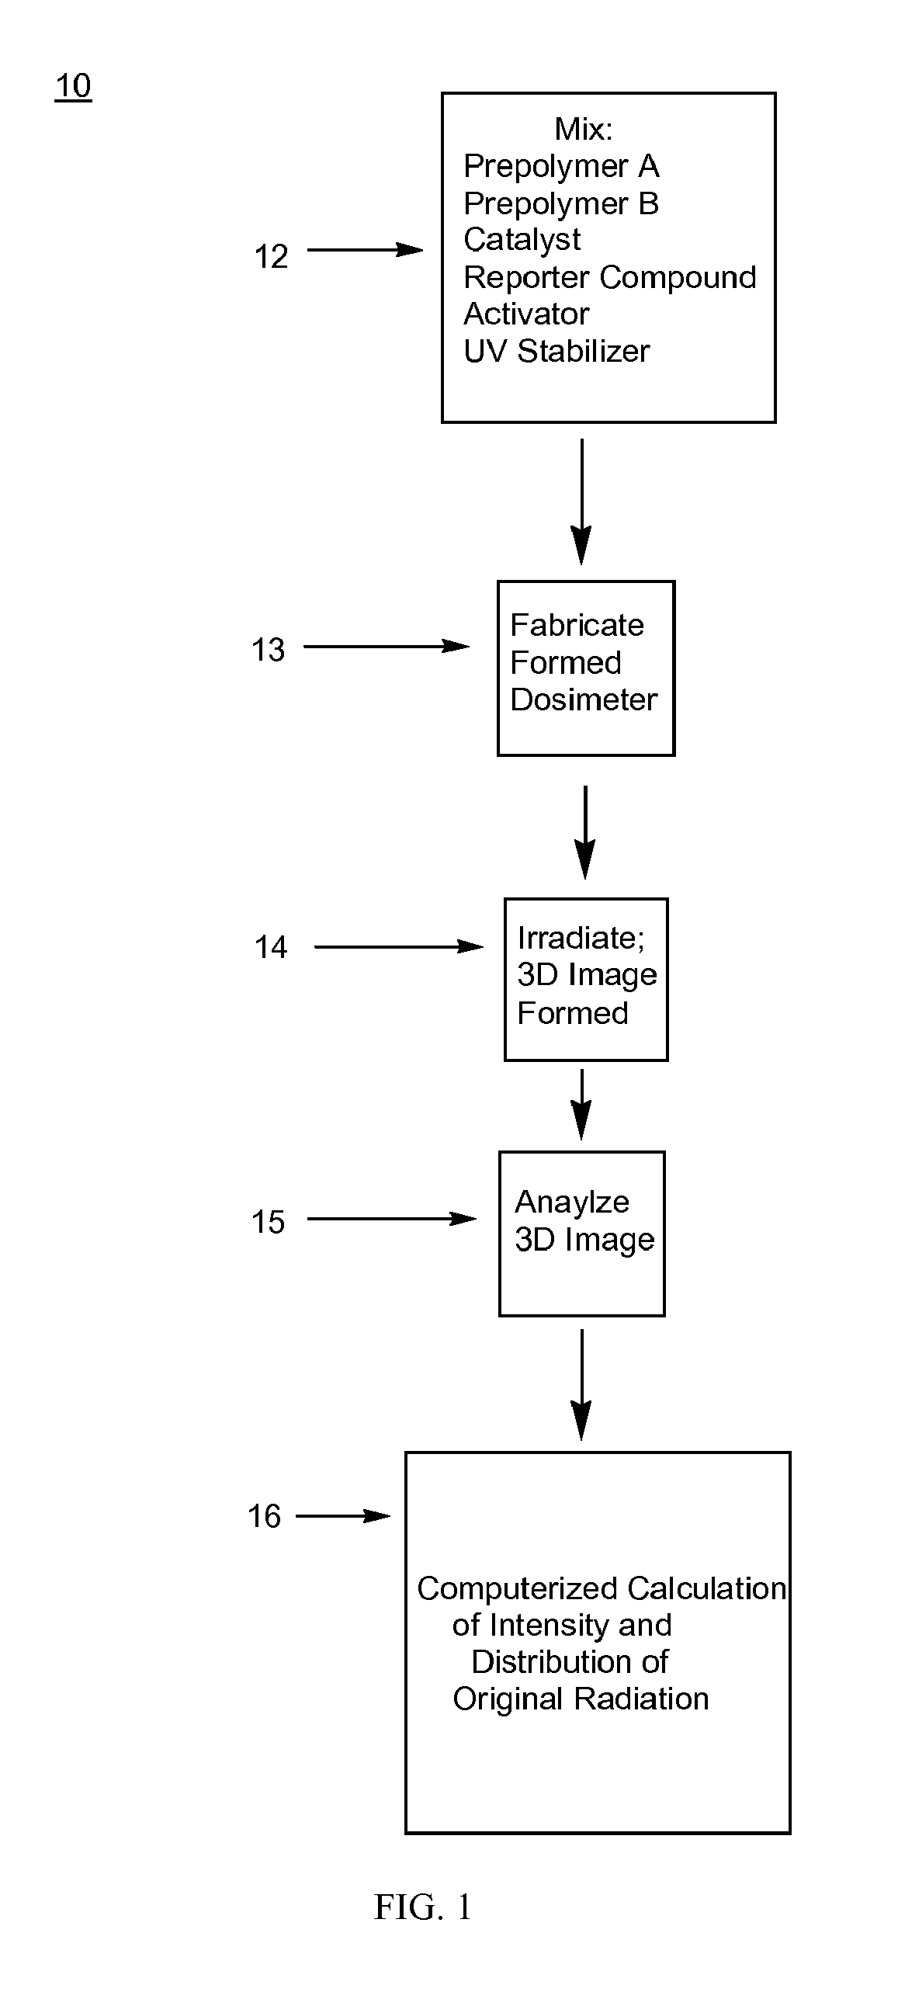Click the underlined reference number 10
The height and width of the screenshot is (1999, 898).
click(x=73, y=85)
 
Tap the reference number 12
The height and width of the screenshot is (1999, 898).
click(x=271, y=257)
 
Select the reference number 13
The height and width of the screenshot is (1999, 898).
click(x=268, y=650)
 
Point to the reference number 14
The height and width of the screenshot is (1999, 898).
click(x=271, y=947)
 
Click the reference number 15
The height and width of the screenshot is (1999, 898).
click(x=268, y=1222)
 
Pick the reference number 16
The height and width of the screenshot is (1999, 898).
click(x=265, y=1516)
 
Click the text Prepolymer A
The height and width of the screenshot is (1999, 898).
click(x=561, y=166)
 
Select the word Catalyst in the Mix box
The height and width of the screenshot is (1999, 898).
click(x=522, y=240)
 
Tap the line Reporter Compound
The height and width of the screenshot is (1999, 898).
click(x=609, y=277)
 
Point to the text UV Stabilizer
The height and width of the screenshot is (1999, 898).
click(x=556, y=351)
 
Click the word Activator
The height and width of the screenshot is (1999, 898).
click(x=526, y=314)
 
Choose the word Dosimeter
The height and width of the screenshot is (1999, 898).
click(x=584, y=699)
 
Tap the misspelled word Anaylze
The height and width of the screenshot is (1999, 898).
click(x=572, y=1202)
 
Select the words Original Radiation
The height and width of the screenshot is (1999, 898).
click(x=581, y=1699)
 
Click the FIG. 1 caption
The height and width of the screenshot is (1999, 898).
click(x=423, y=1907)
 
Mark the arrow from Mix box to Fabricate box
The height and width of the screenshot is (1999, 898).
click(x=581, y=501)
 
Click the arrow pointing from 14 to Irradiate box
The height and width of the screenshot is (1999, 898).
click(x=398, y=947)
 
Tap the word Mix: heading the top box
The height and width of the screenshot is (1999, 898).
click(x=584, y=129)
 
